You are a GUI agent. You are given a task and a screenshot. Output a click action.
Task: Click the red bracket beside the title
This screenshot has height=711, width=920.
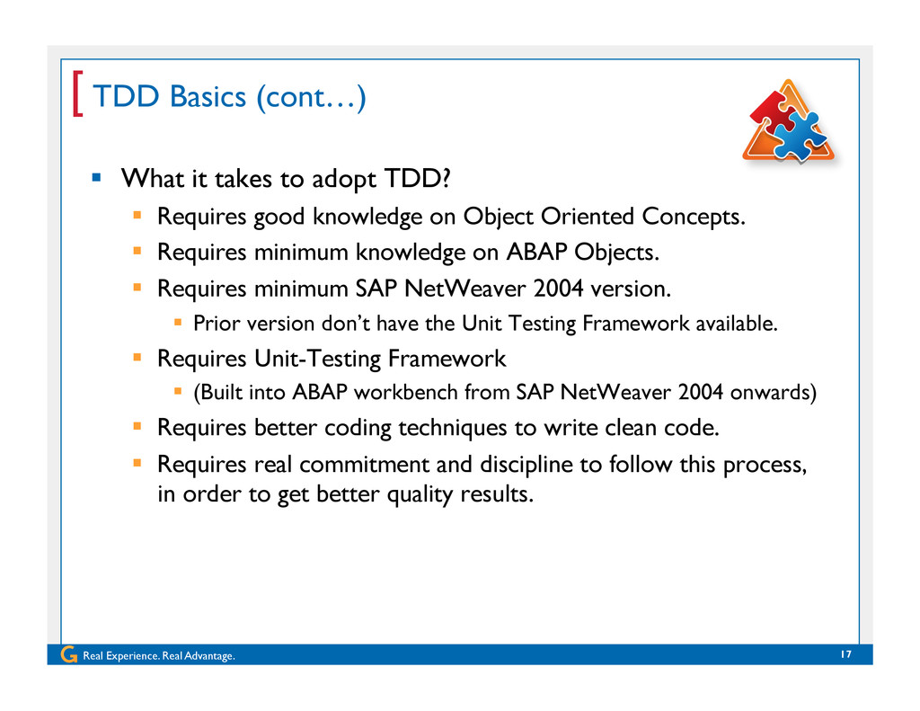coord(77,94)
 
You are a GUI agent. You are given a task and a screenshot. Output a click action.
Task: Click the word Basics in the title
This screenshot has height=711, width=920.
coord(208,96)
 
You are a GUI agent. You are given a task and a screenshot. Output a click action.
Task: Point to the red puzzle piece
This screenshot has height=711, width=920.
coord(772,109)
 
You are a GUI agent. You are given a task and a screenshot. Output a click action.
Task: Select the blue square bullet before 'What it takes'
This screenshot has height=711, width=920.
coord(97,177)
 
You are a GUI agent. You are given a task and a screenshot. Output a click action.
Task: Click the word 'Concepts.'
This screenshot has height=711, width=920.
coord(694,217)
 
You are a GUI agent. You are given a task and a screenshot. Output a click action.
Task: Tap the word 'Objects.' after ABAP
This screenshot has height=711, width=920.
coord(616,253)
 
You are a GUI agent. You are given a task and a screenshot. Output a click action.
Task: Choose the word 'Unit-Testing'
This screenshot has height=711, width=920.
coord(317,359)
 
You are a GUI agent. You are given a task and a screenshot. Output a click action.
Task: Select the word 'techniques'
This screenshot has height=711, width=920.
coord(453,428)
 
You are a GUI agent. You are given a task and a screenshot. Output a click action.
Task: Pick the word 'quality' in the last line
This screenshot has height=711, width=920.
coord(420,494)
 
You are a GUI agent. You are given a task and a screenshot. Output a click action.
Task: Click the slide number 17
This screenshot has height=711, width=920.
coord(845,654)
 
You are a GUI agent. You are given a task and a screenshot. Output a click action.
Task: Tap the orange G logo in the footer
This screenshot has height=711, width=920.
coord(68,654)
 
